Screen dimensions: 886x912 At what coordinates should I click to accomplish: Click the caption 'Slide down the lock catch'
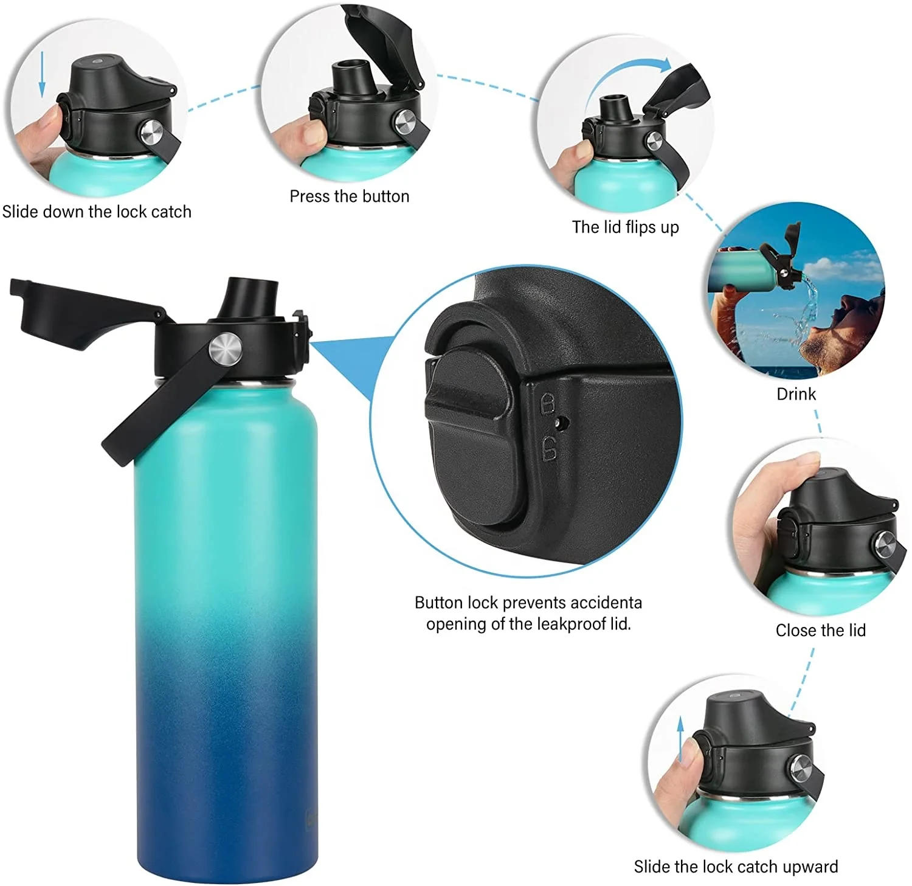97,212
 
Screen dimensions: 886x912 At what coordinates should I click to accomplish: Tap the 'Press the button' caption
349,196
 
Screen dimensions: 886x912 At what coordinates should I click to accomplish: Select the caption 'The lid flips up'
625,227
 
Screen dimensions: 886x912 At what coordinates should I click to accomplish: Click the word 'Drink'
796,394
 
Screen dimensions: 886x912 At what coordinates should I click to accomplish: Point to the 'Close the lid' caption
820,630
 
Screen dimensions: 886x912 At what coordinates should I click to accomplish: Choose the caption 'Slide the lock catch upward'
736,866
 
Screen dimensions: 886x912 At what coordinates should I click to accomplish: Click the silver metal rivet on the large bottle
226,349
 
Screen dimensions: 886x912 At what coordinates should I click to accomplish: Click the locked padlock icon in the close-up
548,403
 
